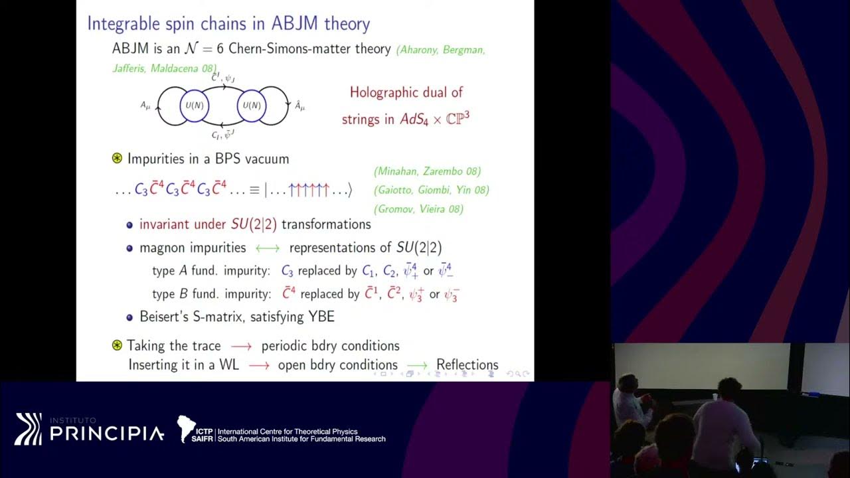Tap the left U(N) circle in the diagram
click(x=195, y=105)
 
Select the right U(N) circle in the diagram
click(x=251, y=105)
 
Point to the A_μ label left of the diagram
click(x=146, y=105)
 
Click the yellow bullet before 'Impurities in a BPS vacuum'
click(x=118, y=159)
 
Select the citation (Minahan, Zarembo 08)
click(x=428, y=171)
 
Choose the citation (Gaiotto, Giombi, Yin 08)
click(x=432, y=190)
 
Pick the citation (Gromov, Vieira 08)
click(x=418, y=208)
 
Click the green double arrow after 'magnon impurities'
click(x=268, y=248)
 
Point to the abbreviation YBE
click(x=321, y=317)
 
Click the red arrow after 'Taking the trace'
click(x=241, y=347)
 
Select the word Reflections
click(x=467, y=364)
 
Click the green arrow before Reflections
click(x=417, y=365)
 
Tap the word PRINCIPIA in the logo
click(x=106, y=434)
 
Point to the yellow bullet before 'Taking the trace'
click(x=118, y=345)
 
